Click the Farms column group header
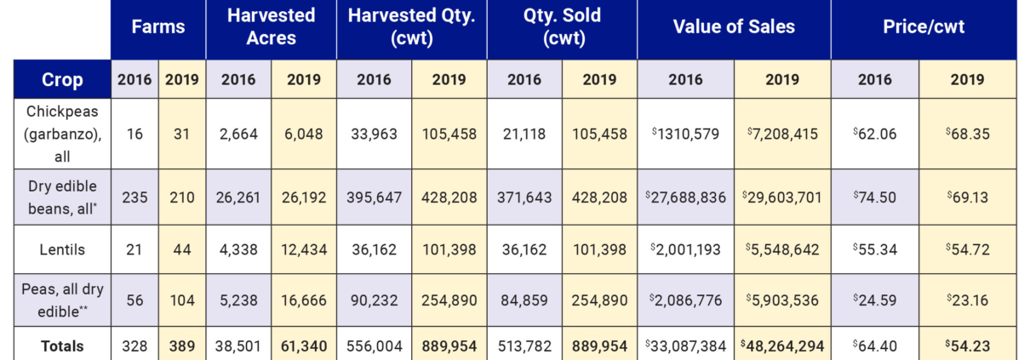tap(157, 27)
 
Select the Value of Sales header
tap(734, 27)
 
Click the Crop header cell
tap(62, 80)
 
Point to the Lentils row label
tap(62, 250)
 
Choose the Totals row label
tap(62, 346)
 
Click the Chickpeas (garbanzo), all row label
tap(62, 134)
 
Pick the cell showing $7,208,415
tap(781, 134)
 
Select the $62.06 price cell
tap(874, 134)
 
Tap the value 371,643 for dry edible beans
tap(524, 197)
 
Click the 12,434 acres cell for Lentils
tap(304, 250)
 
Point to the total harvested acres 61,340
tap(304, 346)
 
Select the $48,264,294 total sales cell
tap(781, 346)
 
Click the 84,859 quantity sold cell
tap(524, 300)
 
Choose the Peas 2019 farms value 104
tap(181, 300)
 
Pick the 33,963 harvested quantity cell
tap(374, 134)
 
